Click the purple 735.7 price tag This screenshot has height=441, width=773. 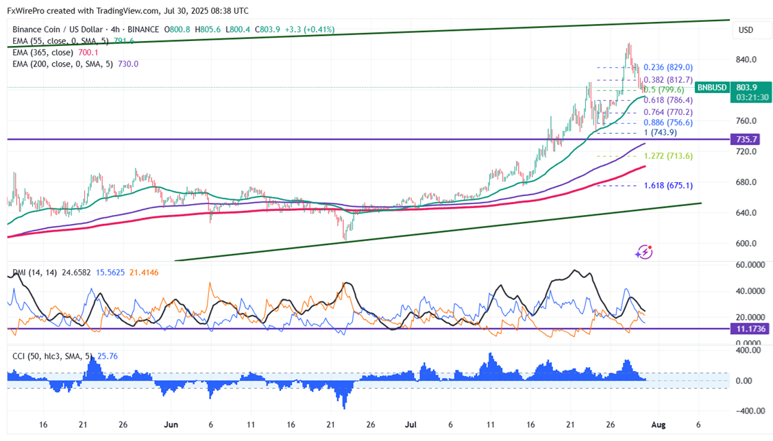point(746,139)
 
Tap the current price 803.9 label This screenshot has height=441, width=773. point(746,88)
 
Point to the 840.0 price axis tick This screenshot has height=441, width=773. point(746,60)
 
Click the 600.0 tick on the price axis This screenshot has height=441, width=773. point(746,243)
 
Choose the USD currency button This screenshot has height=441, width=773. point(746,30)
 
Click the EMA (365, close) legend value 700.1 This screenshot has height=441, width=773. point(89,52)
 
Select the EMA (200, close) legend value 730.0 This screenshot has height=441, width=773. point(127,64)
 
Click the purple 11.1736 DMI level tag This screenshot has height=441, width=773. point(750,329)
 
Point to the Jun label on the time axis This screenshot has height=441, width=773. point(171,425)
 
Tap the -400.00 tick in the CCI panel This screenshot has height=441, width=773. point(746,411)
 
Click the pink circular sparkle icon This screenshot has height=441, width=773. point(643,252)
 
